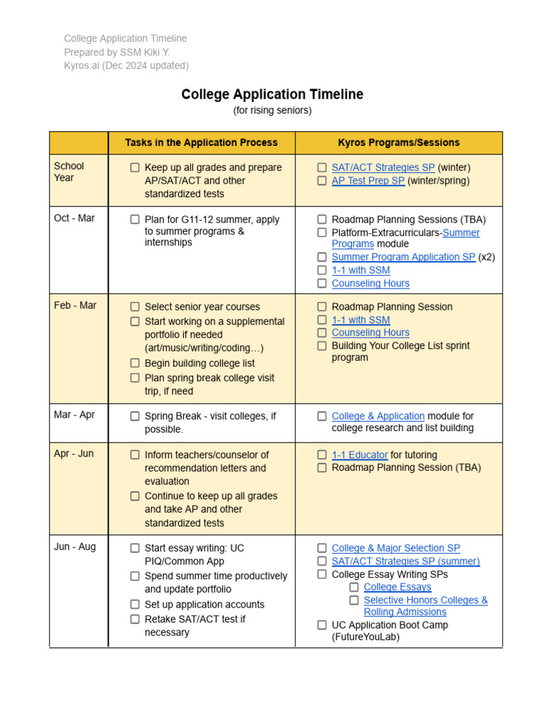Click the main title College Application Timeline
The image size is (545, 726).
[272, 94]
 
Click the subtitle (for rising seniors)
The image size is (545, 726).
[272, 111]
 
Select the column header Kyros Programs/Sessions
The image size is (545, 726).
[398, 143]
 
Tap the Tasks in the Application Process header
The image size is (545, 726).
[202, 143]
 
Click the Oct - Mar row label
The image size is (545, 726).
[75, 218]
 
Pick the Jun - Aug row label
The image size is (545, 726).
[75, 547]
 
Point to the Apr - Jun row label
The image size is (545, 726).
[74, 454]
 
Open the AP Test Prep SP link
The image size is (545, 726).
[368, 181]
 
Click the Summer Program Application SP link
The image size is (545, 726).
[403, 257]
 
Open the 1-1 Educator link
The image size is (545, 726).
[360, 455]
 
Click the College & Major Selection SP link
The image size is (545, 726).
[395, 548]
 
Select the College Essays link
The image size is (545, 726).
[397, 587]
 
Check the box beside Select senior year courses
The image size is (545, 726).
[135, 307]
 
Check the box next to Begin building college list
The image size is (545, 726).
[135, 364]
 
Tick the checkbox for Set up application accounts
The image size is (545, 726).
[135, 605]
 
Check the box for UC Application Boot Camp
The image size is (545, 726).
[322, 625]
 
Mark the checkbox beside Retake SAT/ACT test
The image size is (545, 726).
[135, 619]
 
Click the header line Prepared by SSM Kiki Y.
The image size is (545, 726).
[117, 52]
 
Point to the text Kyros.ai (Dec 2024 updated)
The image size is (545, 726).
[126, 66]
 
